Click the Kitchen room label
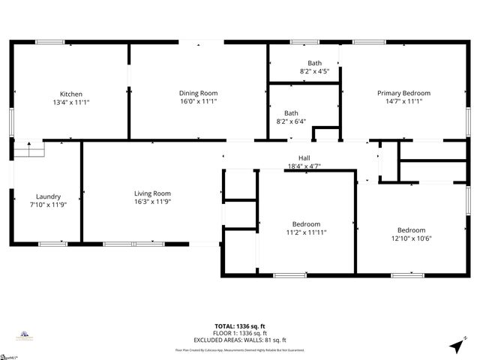click(71, 94)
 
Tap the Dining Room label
click(198, 93)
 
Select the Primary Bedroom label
click(403, 93)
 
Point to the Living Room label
click(152, 193)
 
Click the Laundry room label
click(48, 196)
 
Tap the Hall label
click(304, 157)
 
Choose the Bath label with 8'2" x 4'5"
click(315, 63)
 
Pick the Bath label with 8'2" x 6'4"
click(291, 113)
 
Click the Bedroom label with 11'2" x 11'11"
click(306, 224)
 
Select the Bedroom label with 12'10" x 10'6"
click(411, 230)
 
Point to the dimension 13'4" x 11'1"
click(71, 102)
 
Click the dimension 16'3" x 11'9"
click(152, 202)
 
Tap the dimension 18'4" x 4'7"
click(304, 166)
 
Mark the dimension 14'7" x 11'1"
click(403, 101)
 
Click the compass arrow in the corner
click(455, 346)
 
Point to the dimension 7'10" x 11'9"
click(48, 205)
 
